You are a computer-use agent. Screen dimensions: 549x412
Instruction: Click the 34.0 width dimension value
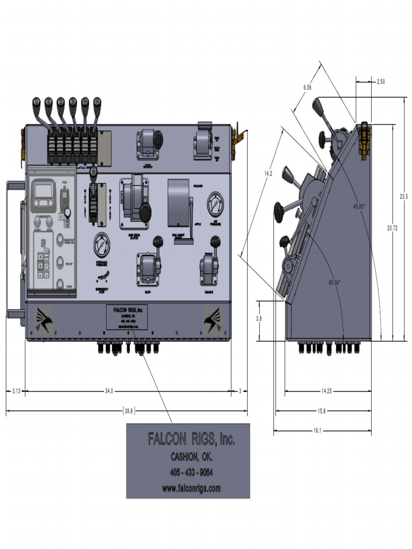(109, 391)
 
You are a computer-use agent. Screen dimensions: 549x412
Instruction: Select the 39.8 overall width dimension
(129, 411)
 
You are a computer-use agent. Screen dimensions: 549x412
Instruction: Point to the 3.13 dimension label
(16, 391)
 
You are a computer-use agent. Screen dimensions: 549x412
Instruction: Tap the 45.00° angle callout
(359, 206)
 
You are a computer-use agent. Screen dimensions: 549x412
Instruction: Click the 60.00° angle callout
(334, 282)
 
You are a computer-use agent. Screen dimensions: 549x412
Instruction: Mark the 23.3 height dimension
(403, 196)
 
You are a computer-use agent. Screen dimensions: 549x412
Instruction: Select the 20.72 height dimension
(392, 228)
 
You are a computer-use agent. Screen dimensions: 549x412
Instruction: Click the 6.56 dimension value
(307, 87)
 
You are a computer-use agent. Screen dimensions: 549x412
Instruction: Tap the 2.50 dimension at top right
(380, 82)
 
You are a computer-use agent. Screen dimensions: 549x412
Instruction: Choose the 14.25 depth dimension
(326, 391)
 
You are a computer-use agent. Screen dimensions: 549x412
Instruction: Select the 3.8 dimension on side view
(259, 318)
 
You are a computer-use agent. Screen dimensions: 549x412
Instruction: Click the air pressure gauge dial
(216, 202)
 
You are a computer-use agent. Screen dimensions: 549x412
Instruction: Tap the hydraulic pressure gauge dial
(102, 245)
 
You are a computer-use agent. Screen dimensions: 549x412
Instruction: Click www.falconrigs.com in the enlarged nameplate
(191, 488)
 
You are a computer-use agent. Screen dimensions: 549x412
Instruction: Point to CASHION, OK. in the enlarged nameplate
(191, 457)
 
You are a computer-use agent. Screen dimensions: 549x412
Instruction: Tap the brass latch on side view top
(365, 140)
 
